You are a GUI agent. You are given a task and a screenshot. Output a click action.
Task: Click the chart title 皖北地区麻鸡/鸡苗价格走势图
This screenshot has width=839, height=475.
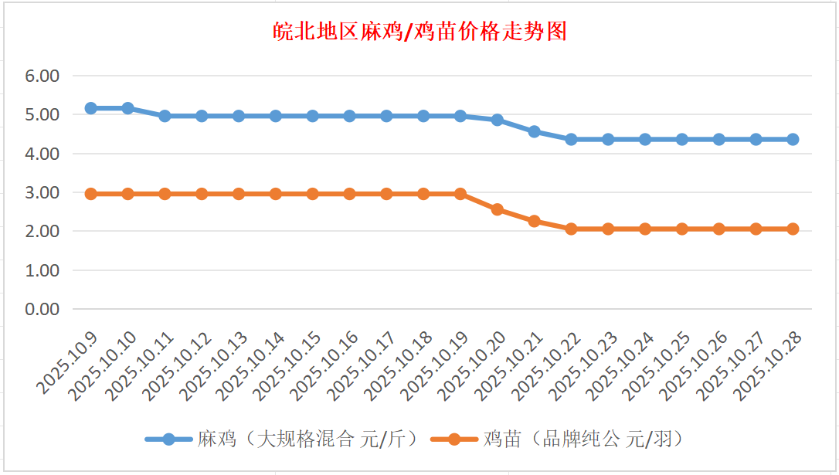420,32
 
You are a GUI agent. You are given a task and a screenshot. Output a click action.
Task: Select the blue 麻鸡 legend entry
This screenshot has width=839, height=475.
281,439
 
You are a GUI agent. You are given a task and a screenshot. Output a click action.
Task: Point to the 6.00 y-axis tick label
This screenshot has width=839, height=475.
42,76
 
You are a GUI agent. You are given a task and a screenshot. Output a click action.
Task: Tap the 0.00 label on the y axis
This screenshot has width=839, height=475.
42,309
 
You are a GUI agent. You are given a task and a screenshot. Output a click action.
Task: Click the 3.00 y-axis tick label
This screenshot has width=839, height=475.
42,192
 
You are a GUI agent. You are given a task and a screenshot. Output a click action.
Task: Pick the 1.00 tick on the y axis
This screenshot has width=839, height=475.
42,270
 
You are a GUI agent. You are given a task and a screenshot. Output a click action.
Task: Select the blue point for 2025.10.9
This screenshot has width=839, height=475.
90,108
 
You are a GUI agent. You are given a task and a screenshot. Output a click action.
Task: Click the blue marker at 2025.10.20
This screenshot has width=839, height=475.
498,120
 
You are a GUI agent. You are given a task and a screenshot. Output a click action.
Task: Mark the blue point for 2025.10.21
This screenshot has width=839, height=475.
534,131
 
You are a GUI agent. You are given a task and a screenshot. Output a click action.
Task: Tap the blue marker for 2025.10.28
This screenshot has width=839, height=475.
793,139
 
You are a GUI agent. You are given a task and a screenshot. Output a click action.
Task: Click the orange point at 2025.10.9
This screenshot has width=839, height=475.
90,194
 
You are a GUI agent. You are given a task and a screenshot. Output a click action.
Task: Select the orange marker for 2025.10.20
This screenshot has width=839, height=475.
498,209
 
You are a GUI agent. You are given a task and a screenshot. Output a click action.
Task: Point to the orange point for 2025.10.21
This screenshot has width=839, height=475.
534,221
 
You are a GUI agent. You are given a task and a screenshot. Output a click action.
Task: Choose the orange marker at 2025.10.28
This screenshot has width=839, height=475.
793,229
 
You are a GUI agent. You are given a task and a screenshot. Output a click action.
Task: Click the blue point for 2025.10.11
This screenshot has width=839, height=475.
165,116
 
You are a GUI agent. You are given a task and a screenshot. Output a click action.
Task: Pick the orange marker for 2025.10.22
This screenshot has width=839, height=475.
571,229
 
